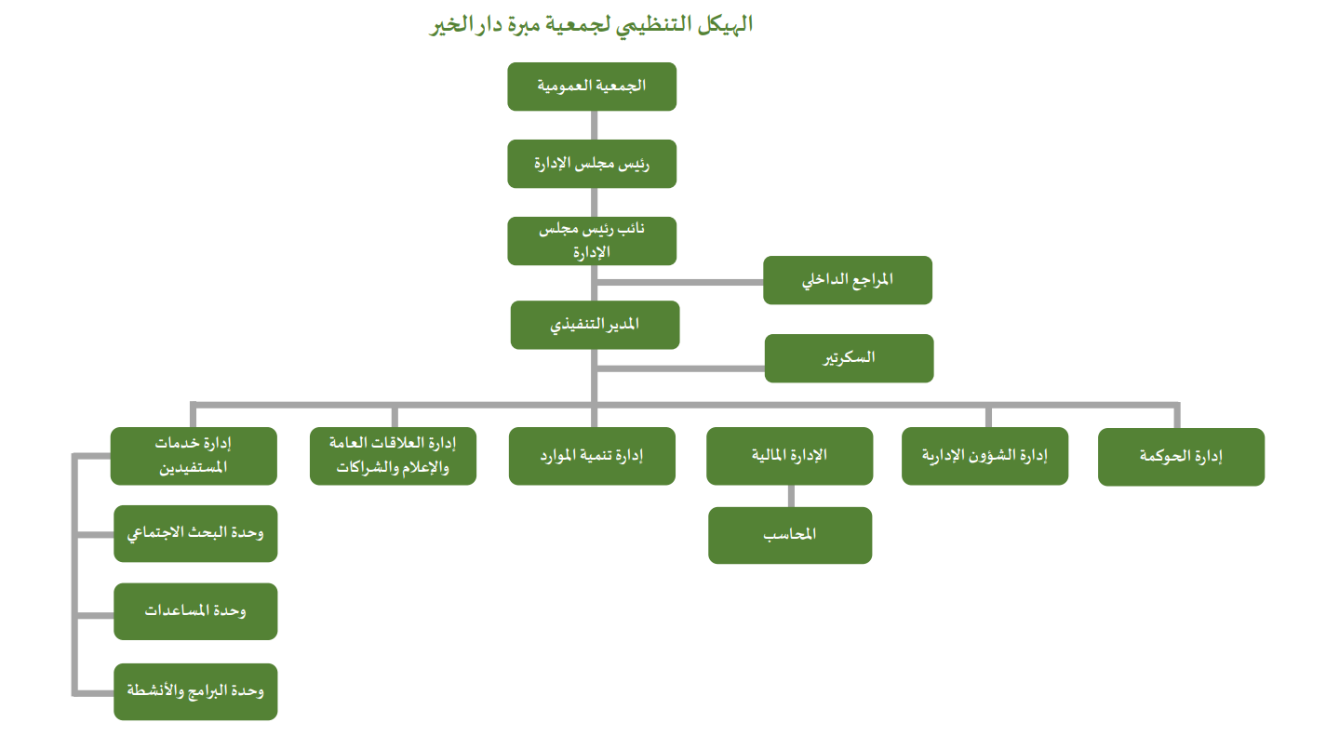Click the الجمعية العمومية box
coord(592,87)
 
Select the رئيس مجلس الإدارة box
coord(592,164)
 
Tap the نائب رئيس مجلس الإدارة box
coord(592,241)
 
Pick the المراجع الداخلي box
coord(847,280)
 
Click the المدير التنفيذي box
coord(595,326)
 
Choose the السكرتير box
coord(849,358)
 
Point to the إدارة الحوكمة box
coord(1181,457)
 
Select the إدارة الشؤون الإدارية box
coord(984,456)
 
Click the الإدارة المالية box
coord(789,456)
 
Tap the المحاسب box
coord(789,535)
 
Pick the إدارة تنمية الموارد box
coord(592,456)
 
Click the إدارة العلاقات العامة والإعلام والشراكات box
coord(393,456)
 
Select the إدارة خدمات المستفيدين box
coord(194,456)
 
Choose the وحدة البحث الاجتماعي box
coord(195,534)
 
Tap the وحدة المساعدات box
coord(195,611)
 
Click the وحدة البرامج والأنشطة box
coord(195,691)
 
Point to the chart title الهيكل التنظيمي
coord(591,25)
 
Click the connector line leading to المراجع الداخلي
coord(679,280)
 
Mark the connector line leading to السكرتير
coord(679,368)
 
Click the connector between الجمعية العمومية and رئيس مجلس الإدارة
coord(593,126)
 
